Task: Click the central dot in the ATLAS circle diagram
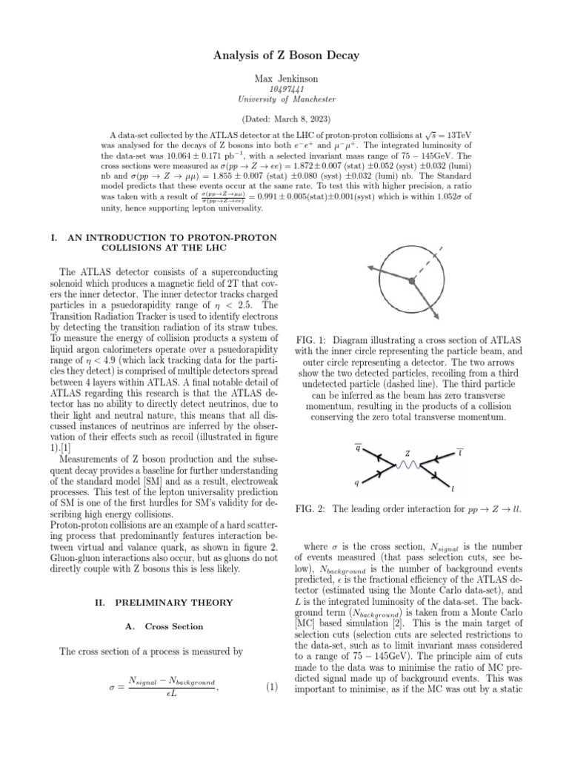[x=410, y=281]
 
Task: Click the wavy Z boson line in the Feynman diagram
[x=406, y=466]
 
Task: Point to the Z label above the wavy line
[x=407, y=454]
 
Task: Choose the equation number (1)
[x=271, y=686]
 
